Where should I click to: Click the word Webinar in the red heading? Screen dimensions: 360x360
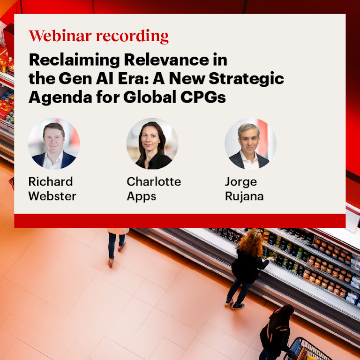60,36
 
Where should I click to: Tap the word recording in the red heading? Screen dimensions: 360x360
132,37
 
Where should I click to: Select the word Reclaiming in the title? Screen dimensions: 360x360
75,60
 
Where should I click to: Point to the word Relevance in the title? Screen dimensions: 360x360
166,60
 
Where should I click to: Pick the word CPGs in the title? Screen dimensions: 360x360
203,97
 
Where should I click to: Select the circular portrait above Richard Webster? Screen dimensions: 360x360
54,144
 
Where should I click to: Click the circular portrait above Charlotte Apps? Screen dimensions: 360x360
152,144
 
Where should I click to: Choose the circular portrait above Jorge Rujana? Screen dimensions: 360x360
250,144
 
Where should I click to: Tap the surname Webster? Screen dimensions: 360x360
52,196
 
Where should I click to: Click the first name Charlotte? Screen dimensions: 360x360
154,181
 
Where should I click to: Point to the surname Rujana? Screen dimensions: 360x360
244,197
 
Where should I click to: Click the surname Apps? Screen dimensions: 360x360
142,197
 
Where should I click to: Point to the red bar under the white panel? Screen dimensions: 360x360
180,221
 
